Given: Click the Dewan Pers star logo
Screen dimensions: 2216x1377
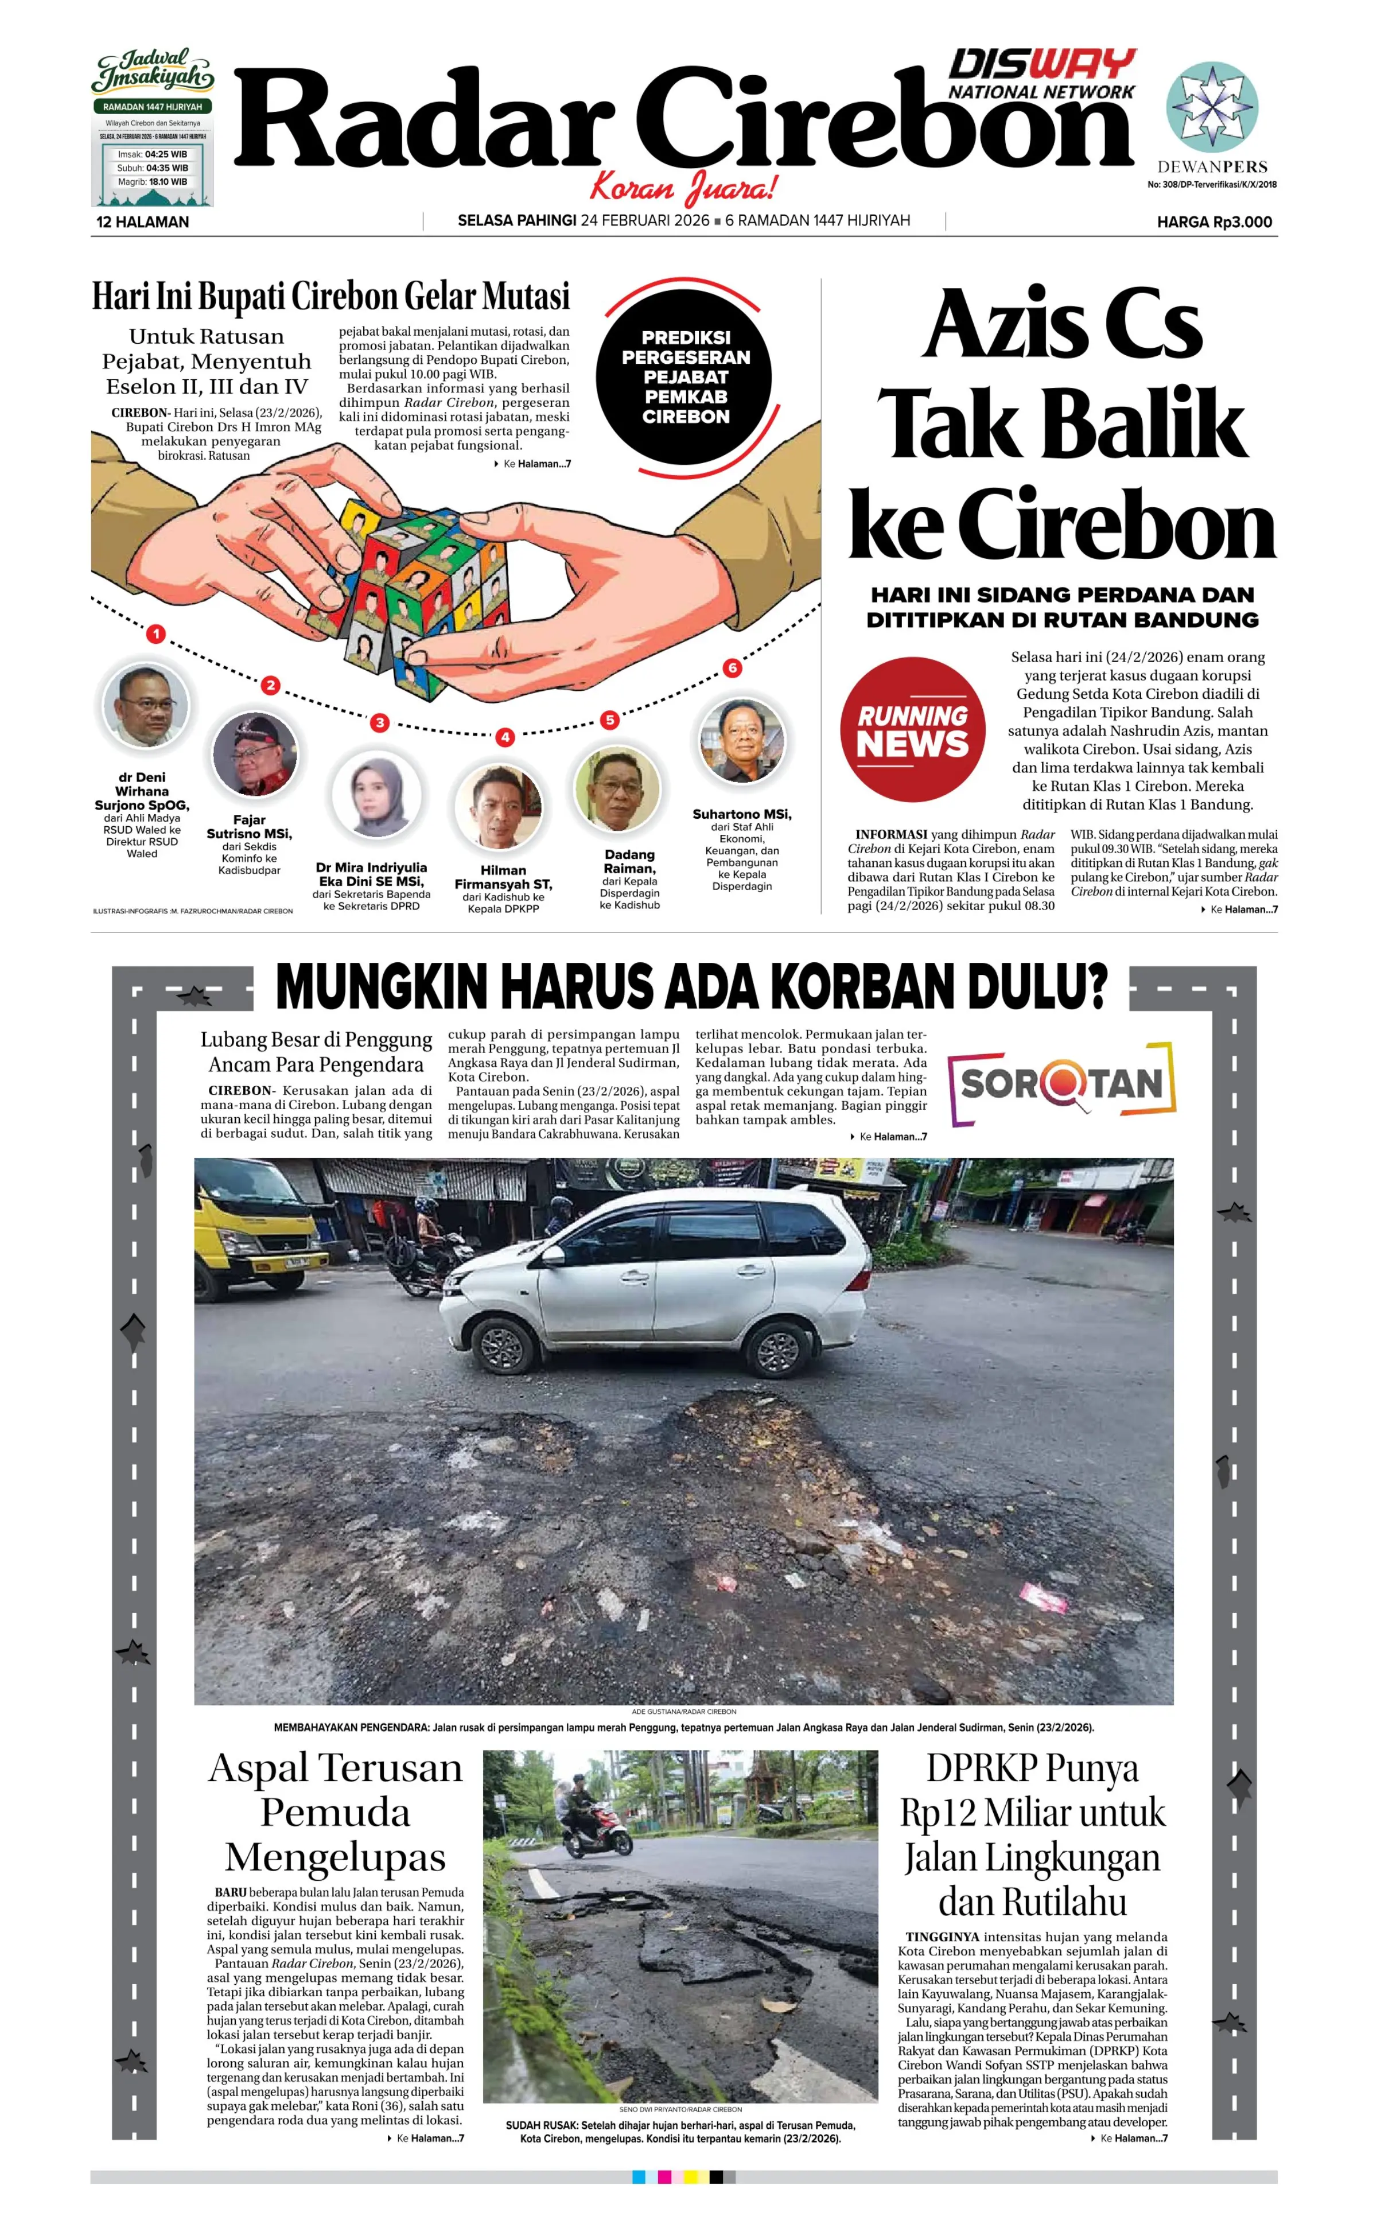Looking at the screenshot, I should pyautogui.click(x=1212, y=107).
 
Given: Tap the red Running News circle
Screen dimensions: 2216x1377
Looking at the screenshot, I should pyautogui.click(x=912, y=729).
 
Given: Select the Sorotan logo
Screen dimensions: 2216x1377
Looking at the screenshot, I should pyautogui.click(x=1062, y=1083).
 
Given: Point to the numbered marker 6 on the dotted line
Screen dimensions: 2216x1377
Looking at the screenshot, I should pyautogui.click(x=732, y=668).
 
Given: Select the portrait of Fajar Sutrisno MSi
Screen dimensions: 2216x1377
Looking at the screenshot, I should pyautogui.click(x=254, y=754).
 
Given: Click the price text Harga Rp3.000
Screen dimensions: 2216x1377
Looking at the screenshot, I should pyautogui.click(x=1214, y=221).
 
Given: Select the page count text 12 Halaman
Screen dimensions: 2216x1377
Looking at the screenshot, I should pyautogui.click(x=143, y=221).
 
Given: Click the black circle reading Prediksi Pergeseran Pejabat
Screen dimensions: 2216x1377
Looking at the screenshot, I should pyautogui.click(x=685, y=377).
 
